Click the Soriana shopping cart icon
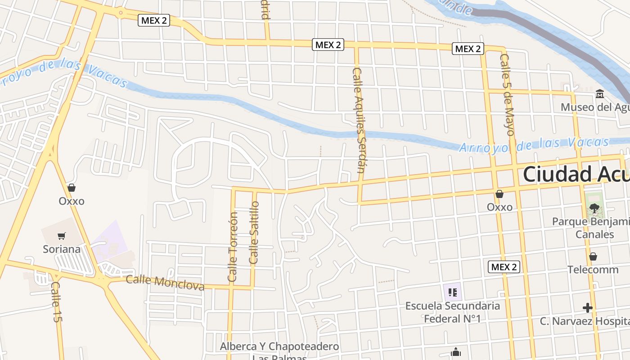(62, 236)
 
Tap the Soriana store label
(62, 249)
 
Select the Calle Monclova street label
(165, 283)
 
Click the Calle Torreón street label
(233, 247)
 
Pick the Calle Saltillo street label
(254, 232)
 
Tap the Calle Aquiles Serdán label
(358, 120)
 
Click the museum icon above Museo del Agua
(599, 94)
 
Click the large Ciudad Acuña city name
(576, 175)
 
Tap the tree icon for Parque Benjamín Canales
(594, 208)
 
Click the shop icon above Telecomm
(593, 256)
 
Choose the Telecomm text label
(593, 270)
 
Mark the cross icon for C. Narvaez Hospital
(587, 308)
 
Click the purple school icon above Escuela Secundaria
(452, 292)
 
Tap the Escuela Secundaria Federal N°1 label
(453, 312)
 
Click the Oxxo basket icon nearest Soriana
(71, 188)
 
